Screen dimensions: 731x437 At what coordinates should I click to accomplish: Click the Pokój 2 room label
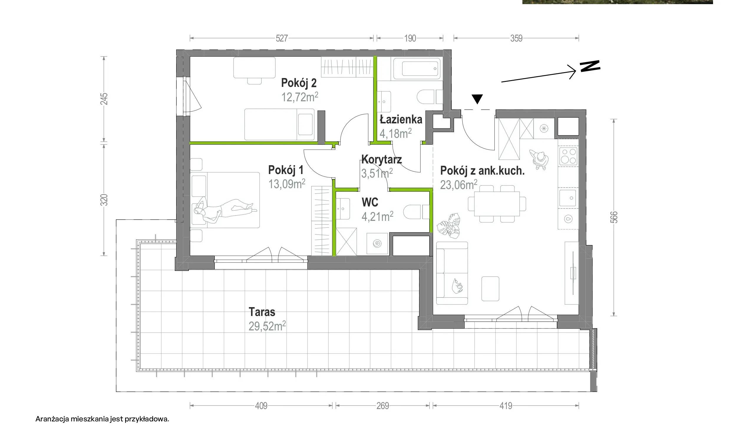point(299,83)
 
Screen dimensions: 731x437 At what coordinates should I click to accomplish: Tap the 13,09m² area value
point(287,184)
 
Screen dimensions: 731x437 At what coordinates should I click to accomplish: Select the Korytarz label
point(382,160)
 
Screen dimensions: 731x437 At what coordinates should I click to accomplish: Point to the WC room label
point(370,202)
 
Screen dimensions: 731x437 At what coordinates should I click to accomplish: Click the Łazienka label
point(401,119)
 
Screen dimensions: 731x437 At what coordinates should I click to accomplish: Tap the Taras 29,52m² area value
point(267,326)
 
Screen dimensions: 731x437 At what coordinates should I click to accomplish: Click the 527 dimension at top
point(282,38)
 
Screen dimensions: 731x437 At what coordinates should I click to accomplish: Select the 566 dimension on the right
point(614,217)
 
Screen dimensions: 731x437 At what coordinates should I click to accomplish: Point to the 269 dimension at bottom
point(383,406)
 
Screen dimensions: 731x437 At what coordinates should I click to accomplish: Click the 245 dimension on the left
point(104,99)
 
